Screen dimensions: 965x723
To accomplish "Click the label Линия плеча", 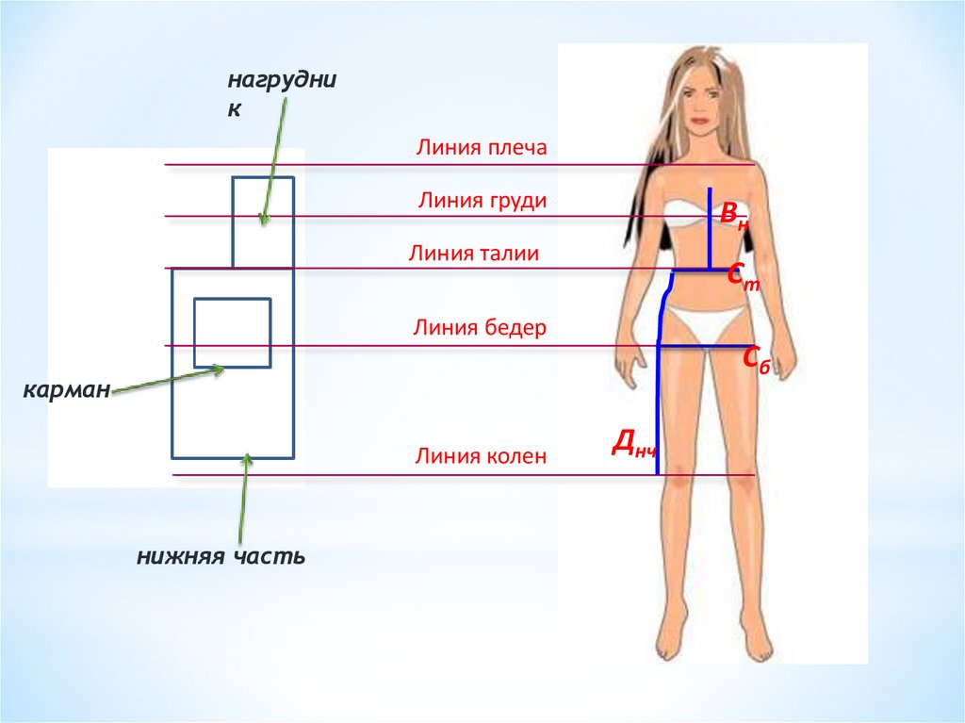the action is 481,148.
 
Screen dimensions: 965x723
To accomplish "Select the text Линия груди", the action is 482,201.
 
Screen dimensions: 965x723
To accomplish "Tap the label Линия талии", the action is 473,253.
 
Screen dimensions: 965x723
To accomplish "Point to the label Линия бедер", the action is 479,327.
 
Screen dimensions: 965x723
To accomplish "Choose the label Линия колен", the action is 480,457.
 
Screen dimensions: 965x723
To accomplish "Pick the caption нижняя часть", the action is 221,556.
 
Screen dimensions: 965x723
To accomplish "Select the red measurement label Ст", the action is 743,276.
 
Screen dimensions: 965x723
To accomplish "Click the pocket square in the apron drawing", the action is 233,332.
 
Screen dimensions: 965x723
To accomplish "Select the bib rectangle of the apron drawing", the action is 263,222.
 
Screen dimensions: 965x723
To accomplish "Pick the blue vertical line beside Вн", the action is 709,228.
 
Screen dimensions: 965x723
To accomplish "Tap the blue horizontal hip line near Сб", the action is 702,347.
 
